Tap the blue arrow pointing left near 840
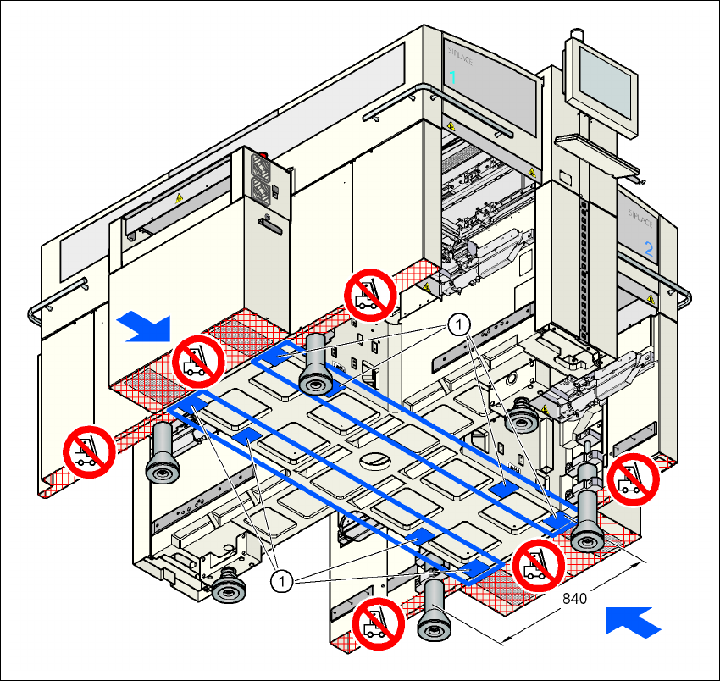pyautogui.click(x=634, y=622)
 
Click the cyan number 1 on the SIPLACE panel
pyautogui.click(x=452, y=77)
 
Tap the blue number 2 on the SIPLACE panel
pyautogui.click(x=649, y=249)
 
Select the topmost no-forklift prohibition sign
pyautogui.click(x=370, y=293)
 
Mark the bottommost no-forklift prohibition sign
pyautogui.click(x=378, y=622)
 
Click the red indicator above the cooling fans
pyautogui.click(x=262, y=157)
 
